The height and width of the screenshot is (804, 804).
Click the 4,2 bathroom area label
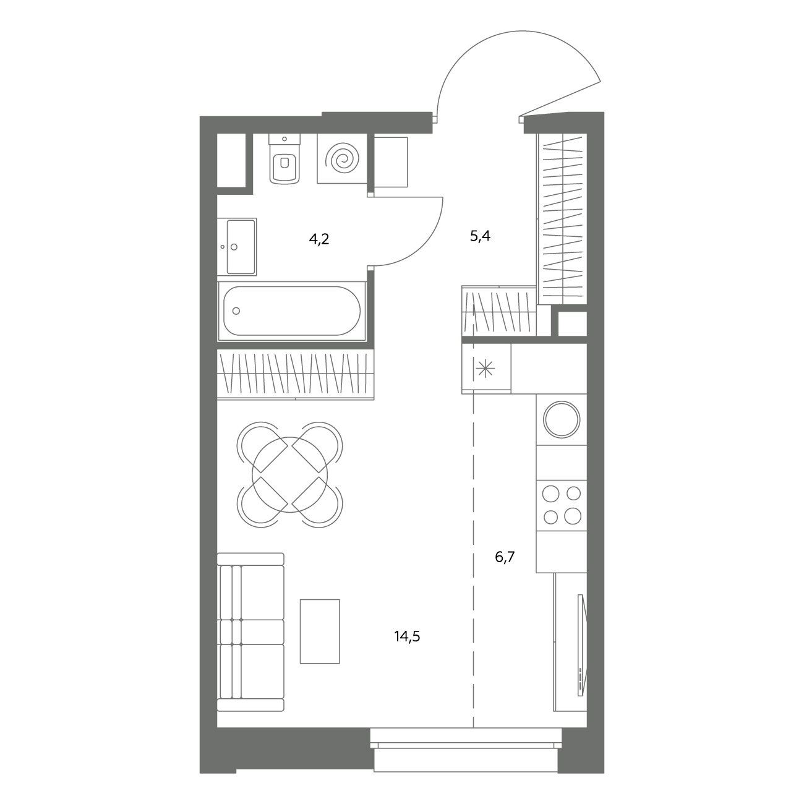pyautogui.click(x=319, y=239)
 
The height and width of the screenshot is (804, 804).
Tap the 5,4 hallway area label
pyautogui.click(x=480, y=237)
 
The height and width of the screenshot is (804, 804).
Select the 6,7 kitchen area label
pyautogui.click(x=505, y=557)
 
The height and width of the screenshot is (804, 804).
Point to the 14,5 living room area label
pyautogui.click(x=407, y=636)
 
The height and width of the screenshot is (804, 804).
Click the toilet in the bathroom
pyautogui.click(x=284, y=158)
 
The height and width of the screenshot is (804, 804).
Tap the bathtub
pyautogui.click(x=292, y=311)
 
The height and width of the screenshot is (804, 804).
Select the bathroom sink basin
pyautogui.click(x=241, y=247)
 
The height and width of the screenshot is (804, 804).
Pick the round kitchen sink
pyautogui.click(x=562, y=420)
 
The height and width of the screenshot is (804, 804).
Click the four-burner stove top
pyautogui.click(x=562, y=505)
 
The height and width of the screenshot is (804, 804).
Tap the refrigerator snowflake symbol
pyautogui.click(x=485, y=369)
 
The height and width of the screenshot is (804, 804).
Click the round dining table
pyautogui.click(x=289, y=475)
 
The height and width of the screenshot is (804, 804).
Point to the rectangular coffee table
pyautogui.click(x=320, y=631)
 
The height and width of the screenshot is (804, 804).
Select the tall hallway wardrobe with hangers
pyautogui.click(x=562, y=219)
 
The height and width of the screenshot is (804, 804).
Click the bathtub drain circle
pyautogui.click(x=236, y=311)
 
